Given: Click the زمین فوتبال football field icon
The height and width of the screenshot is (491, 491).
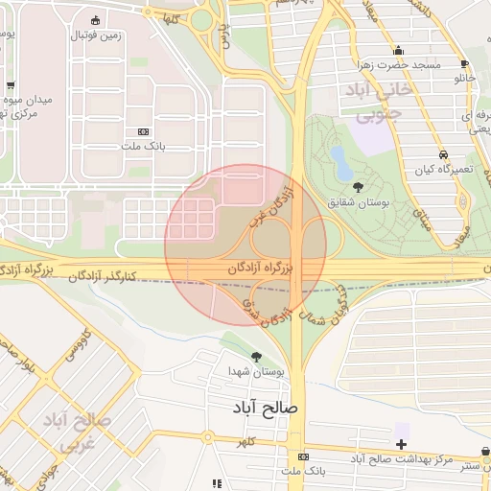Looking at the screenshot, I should click(x=94, y=20).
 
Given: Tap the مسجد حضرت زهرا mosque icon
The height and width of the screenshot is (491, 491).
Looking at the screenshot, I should click(x=398, y=51).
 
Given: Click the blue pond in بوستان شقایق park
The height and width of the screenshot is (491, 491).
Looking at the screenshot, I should click(x=340, y=159).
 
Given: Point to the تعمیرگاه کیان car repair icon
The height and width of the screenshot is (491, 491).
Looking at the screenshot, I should click(x=443, y=154).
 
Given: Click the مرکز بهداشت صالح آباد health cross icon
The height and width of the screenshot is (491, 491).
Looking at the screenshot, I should click(x=401, y=444).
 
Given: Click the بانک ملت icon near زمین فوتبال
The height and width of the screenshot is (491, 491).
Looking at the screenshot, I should click(x=144, y=131).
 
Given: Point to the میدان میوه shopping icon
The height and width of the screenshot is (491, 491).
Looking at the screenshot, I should click(x=11, y=85).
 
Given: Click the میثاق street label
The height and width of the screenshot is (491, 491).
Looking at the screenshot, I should click(x=423, y=215).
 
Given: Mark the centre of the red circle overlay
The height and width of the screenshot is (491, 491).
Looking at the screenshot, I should click(x=246, y=245).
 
